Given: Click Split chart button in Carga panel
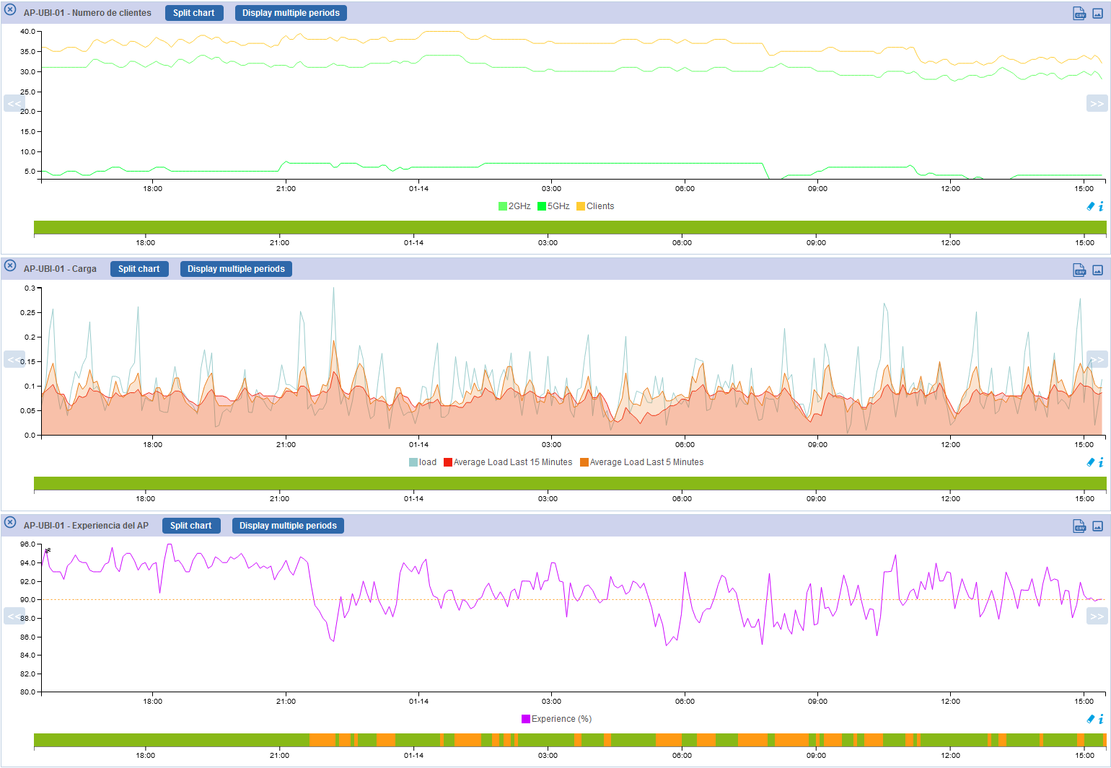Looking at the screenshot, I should pyautogui.click(x=139, y=269).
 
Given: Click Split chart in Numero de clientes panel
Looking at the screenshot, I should pyautogui.click(x=193, y=13).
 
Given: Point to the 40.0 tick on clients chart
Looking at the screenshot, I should pyautogui.click(x=27, y=32).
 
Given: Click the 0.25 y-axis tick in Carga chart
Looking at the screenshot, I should pyautogui.click(x=27, y=313).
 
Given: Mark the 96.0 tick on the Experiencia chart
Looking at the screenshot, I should pyautogui.click(x=27, y=544).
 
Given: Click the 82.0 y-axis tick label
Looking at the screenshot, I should pyautogui.click(x=27, y=674).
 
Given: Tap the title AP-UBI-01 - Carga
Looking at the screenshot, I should pyautogui.click(x=60, y=269).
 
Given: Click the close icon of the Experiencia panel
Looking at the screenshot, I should pyautogui.click(x=10, y=522).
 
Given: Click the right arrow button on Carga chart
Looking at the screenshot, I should pyautogui.click(x=1097, y=360).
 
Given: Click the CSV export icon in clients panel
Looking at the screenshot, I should pyautogui.click(x=1079, y=14).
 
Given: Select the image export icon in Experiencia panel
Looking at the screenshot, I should pyautogui.click(x=1097, y=526).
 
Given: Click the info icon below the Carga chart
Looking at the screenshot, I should pyautogui.click(x=1101, y=463).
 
